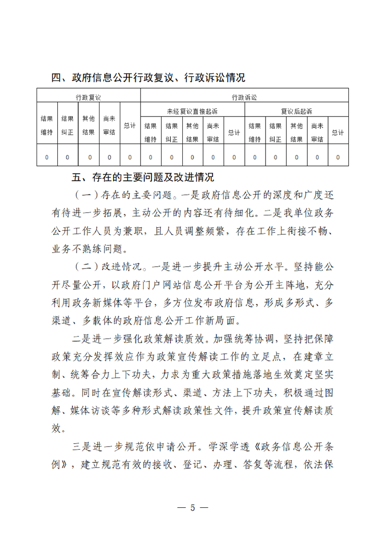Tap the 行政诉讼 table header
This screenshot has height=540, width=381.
[244, 97]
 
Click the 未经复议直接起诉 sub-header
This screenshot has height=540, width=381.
[192, 111]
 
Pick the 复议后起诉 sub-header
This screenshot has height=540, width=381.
[297, 111]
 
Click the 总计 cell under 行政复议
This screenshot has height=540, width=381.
[130, 126]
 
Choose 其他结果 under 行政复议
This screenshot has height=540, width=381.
[89, 125]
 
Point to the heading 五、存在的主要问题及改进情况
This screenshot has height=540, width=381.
[142, 178]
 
